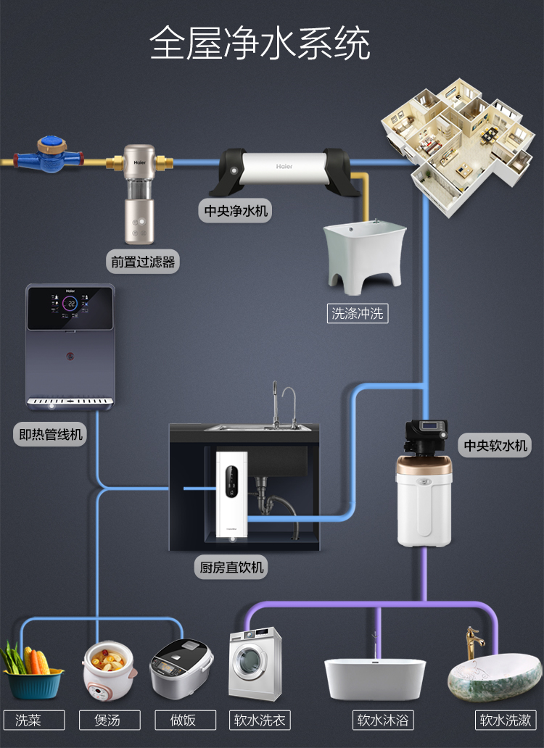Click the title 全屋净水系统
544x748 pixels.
pyautogui.click(x=260, y=43)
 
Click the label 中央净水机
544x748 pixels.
pyautogui.click(x=234, y=211)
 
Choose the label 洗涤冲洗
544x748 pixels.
pyautogui.click(x=358, y=314)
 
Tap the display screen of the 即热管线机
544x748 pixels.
pyautogui.click(x=70, y=304)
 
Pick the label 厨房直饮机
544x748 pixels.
pyautogui.click(x=232, y=567)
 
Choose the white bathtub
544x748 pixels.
pyautogui.click(x=374, y=678)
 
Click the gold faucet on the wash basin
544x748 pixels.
pyautogui.click(x=474, y=641)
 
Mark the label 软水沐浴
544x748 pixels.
pyautogui.click(x=382, y=720)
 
